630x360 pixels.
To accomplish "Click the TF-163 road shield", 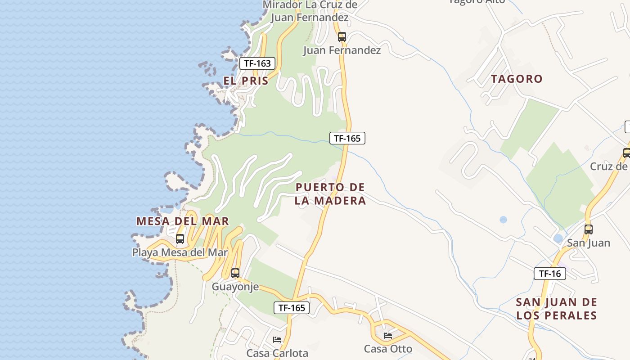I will point(257,63).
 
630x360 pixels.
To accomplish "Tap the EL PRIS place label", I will point(246,81).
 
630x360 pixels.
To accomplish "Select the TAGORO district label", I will point(517,79).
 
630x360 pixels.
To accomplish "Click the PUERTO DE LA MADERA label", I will point(330,194).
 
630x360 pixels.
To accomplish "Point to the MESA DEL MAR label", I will point(183,221).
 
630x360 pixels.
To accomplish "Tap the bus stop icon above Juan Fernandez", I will point(342,37).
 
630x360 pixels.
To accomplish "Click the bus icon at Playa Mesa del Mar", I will point(180,239).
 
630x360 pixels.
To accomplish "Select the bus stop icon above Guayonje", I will point(235,273).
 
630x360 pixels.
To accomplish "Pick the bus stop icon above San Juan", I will point(588,229).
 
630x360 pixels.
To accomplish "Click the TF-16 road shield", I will point(549,273).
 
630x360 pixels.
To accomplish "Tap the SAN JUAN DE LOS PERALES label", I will point(556,309).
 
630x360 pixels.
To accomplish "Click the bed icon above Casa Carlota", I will point(277,339).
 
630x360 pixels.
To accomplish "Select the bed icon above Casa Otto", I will point(388,335).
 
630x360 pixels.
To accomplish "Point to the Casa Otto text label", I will point(388,349).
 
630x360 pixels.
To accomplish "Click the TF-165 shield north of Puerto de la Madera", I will point(347,138).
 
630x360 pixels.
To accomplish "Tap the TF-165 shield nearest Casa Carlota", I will point(292,308).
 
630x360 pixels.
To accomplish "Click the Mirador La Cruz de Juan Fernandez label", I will point(310,11).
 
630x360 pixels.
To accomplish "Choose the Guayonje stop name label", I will point(235,287).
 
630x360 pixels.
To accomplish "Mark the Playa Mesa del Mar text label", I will point(180,252).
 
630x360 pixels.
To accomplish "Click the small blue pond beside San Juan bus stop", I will point(558,238).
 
